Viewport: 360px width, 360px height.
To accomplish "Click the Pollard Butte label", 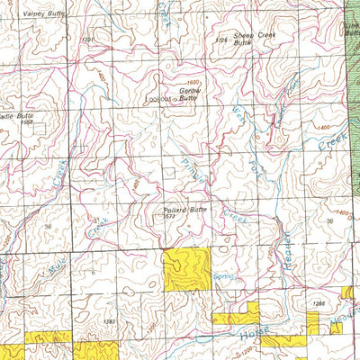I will point(185,209).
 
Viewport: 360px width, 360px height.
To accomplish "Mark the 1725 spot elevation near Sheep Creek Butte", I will point(221,40).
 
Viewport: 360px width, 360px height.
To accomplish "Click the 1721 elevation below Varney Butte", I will point(86,40).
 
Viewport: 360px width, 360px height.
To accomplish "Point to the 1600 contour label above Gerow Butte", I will point(193,83).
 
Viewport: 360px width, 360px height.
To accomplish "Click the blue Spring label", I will point(224,277).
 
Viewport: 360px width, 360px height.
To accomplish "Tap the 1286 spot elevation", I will point(317,304).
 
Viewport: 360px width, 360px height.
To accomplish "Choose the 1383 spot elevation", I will point(109,320).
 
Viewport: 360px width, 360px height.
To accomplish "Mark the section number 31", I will point(95,219).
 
